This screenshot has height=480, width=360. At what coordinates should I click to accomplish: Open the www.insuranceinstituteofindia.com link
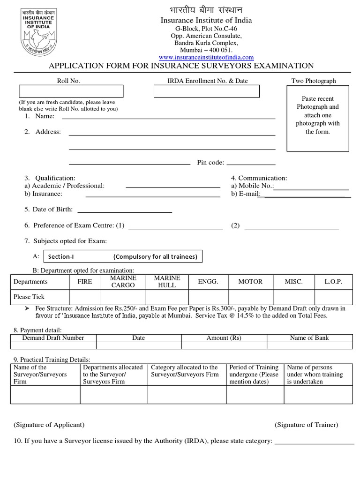click(206, 57)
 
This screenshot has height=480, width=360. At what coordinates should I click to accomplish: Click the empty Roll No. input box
click(71, 91)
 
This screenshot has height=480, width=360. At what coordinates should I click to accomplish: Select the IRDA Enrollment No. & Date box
click(207, 91)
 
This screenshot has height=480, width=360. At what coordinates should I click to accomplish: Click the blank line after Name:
click(168, 117)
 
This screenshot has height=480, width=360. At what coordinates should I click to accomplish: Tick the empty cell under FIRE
click(84, 297)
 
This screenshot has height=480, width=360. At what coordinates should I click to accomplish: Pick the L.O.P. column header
click(333, 282)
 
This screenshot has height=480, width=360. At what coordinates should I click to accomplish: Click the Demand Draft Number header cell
click(53, 338)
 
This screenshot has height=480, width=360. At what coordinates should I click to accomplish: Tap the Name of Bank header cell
click(309, 338)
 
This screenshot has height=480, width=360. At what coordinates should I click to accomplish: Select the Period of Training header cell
click(255, 374)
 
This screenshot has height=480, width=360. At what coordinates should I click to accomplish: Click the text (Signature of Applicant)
click(49, 425)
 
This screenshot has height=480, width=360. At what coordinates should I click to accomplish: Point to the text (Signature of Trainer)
click(306, 425)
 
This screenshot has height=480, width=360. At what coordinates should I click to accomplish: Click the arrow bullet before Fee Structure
click(27, 309)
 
